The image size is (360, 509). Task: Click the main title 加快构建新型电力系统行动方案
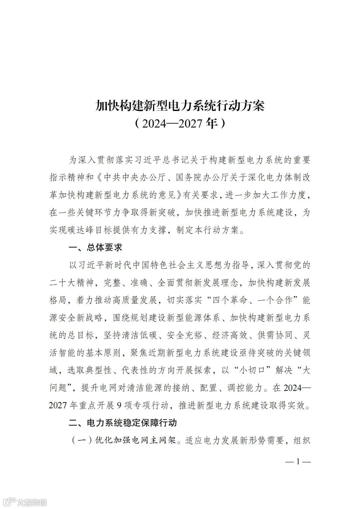[x=180, y=106]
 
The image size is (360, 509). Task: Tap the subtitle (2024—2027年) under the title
[x=180, y=124]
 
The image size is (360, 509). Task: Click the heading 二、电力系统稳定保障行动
[x=122, y=423]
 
